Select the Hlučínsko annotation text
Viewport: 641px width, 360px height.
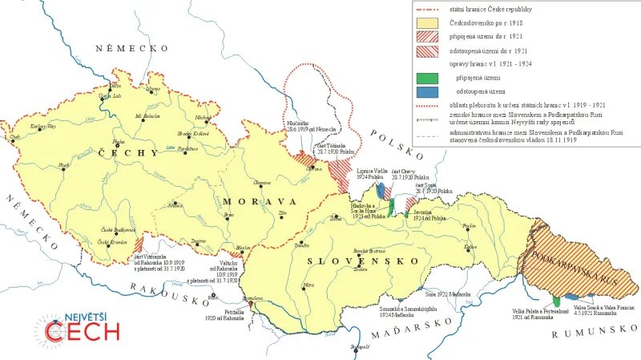coord(296,123)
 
